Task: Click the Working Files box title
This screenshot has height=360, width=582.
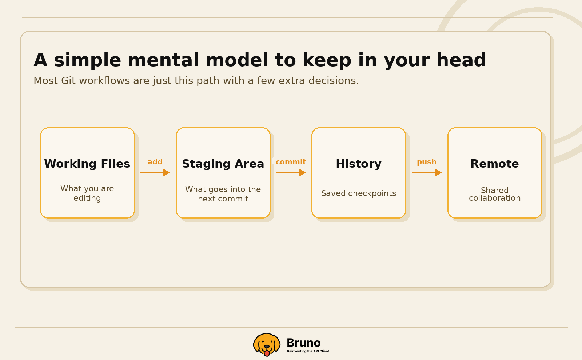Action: (x=87, y=164)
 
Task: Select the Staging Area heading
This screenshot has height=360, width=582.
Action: (x=223, y=164)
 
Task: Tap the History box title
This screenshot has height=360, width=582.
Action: (x=359, y=164)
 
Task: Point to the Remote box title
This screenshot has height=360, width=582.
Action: (x=495, y=164)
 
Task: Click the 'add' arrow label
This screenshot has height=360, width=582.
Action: (x=155, y=162)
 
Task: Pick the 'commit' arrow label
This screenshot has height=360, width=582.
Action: (x=291, y=162)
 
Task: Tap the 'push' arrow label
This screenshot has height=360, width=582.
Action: (x=427, y=162)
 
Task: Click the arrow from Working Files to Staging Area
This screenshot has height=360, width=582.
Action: (x=155, y=172)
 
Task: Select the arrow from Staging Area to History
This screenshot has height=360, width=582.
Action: (x=291, y=172)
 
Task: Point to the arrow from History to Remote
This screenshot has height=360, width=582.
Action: (x=427, y=172)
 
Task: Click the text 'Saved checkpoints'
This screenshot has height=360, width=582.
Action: (x=359, y=193)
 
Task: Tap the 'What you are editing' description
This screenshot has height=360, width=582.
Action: (x=87, y=193)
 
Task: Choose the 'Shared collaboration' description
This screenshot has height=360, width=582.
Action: (x=495, y=194)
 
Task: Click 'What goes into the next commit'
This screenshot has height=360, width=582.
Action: (x=223, y=194)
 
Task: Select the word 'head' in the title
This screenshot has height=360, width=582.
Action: (x=461, y=60)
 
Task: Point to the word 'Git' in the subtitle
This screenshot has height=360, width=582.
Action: (x=68, y=80)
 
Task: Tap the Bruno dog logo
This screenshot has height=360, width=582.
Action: (x=267, y=344)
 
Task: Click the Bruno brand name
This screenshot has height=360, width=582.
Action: (x=303, y=343)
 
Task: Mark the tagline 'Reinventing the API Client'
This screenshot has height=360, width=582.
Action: (x=308, y=351)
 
